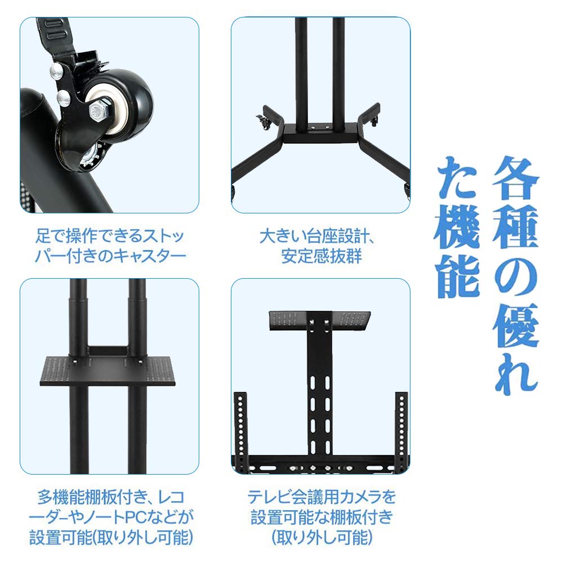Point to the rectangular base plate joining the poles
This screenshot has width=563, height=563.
(x=319, y=133)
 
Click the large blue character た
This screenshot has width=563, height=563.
(x=458, y=179)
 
